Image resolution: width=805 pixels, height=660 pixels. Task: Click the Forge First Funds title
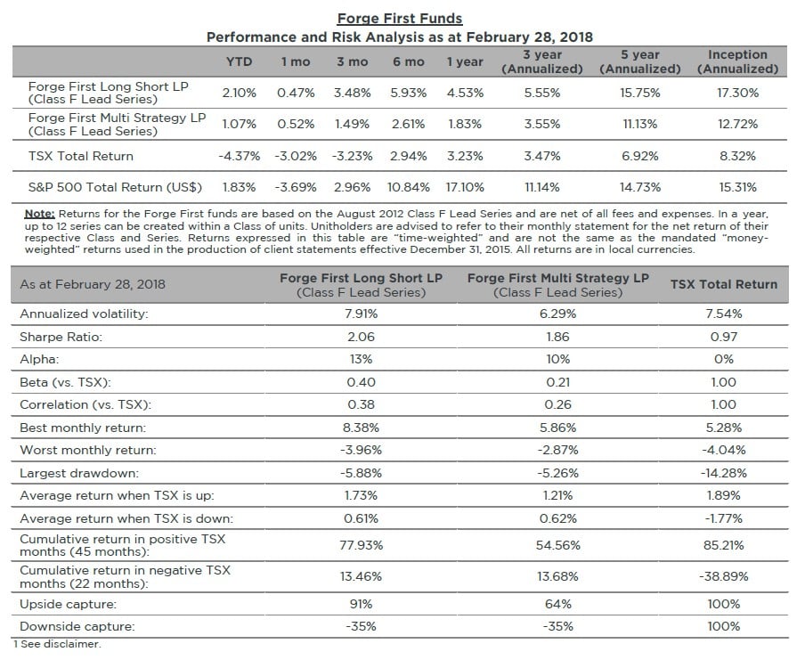pos(400,18)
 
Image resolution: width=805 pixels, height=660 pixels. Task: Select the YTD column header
pos(239,61)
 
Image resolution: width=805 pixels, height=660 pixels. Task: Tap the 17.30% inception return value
pos(737,92)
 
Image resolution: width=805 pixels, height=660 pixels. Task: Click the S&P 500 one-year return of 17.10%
pos(464,187)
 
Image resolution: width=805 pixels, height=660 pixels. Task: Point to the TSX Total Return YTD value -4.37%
pos(239,156)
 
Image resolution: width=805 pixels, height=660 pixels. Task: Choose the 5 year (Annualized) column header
pos(639,61)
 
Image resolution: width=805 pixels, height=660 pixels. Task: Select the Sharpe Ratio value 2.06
pos(361,337)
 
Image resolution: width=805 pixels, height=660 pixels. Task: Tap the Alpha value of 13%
pos(361,359)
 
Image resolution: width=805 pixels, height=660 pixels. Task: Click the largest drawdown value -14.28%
pos(723,473)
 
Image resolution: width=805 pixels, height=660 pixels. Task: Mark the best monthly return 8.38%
pos(361,428)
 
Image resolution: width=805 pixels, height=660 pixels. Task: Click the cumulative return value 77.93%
pos(361,544)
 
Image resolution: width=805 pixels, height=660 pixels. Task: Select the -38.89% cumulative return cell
pos(723,576)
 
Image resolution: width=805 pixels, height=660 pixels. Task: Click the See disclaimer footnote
pos(57,643)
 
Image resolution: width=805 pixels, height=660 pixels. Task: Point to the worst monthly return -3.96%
pos(361,450)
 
